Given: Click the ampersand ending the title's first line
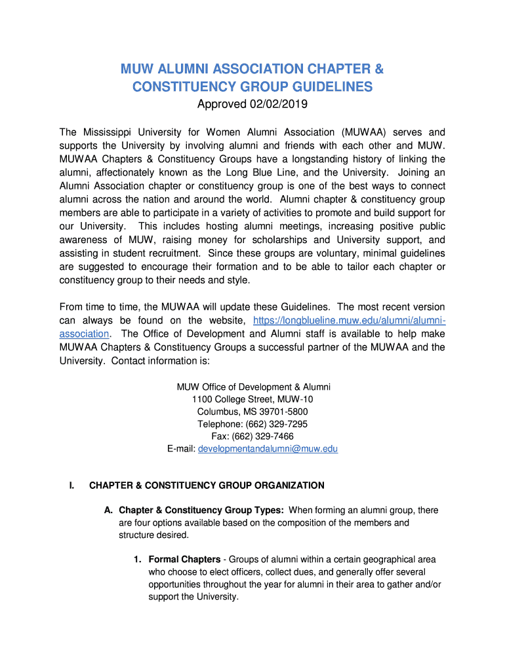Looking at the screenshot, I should pos(378,69).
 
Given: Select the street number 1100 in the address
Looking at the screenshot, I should pos(203,399).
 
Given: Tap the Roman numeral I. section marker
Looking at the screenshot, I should pos(72,486).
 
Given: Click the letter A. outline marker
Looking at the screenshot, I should pos(109,510).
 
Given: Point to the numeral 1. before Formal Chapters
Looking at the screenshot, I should pos(138,560).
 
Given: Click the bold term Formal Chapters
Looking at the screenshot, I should pos(184,560).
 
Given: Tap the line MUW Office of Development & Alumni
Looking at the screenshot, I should pos(253,387).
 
